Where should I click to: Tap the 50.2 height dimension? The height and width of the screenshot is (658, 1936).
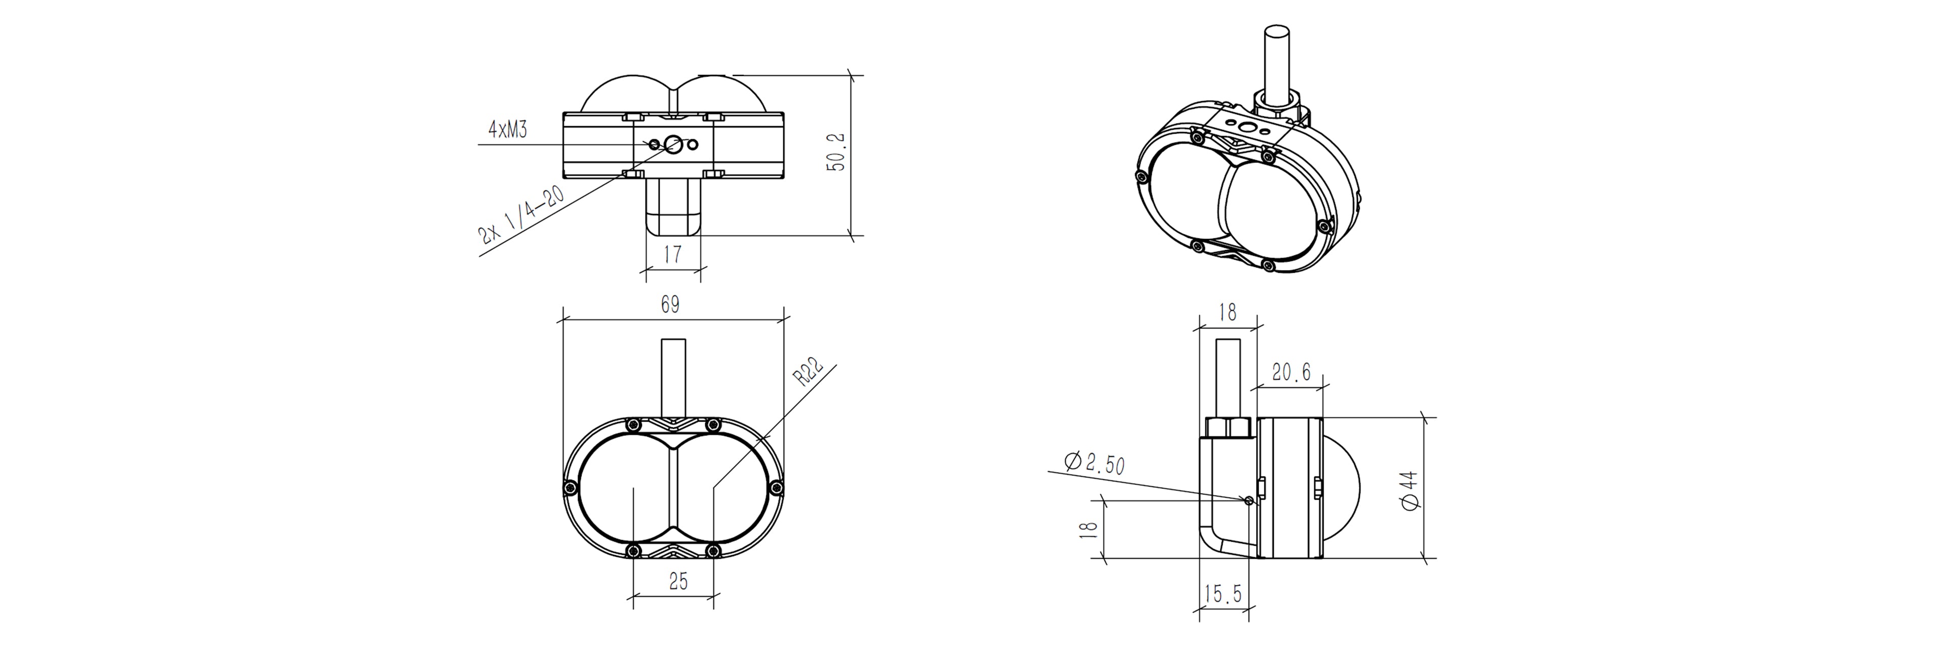pos(836,152)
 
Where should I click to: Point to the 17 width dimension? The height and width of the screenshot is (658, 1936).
pos(673,254)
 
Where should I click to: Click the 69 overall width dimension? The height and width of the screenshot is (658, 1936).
pos(670,304)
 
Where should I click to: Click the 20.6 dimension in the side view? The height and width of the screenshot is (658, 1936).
pos(1291,372)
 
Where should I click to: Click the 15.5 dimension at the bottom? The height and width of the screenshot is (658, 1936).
pos(1223,594)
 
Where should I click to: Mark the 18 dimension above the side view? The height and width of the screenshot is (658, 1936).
pos(1227,312)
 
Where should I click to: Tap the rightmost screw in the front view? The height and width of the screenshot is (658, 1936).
pos(777,489)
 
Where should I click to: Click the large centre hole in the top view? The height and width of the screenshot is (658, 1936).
pos(673,143)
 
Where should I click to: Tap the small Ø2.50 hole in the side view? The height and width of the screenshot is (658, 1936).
pos(1249,500)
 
